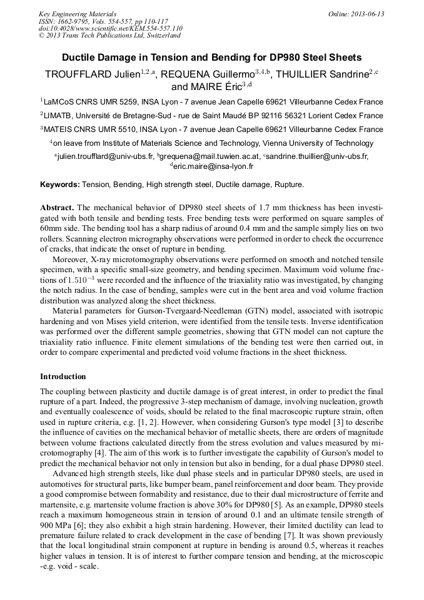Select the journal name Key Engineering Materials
[78, 14]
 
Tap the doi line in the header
[110, 28]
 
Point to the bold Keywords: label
[60, 185]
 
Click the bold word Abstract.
[57, 207]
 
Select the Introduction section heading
[63, 377]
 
